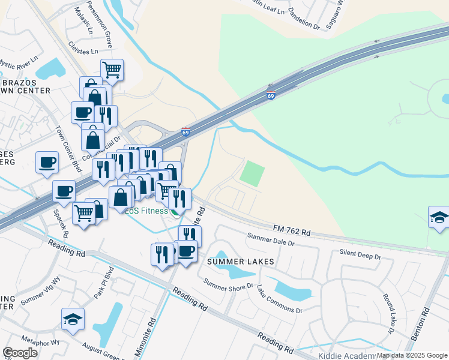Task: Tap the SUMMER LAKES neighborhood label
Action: (241, 262)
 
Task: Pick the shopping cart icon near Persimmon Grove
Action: (112, 70)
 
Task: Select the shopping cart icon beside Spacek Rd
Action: (84, 212)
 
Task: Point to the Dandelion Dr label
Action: (304, 16)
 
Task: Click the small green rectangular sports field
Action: (252, 173)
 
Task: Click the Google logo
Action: (20, 353)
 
